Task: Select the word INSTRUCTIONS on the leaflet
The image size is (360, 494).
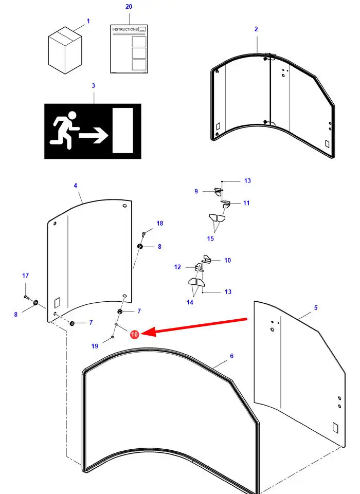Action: [x=125, y=30]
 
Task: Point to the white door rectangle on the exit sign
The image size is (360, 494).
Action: [x=122, y=130]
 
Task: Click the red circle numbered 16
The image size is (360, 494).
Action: [x=134, y=335]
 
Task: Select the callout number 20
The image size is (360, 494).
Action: [x=129, y=7]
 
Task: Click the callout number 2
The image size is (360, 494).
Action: [x=256, y=29]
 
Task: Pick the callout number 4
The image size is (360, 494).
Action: [x=76, y=185]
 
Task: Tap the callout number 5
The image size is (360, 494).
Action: [x=316, y=308]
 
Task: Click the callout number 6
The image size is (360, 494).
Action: [x=232, y=356]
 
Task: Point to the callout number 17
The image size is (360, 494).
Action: [x=25, y=276]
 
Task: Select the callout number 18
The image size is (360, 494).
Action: [x=160, y=223]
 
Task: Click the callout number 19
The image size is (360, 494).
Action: [x=95, y=346]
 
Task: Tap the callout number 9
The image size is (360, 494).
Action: [x=196, y=192]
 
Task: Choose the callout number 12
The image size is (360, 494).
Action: [x=177, y=267]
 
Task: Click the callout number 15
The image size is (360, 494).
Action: [x=210, y=238]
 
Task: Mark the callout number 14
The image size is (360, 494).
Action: [x=190, y=302]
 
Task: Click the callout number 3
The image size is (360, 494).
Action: [x=93, y=86]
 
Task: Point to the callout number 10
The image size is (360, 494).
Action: [x=227, y=260]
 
